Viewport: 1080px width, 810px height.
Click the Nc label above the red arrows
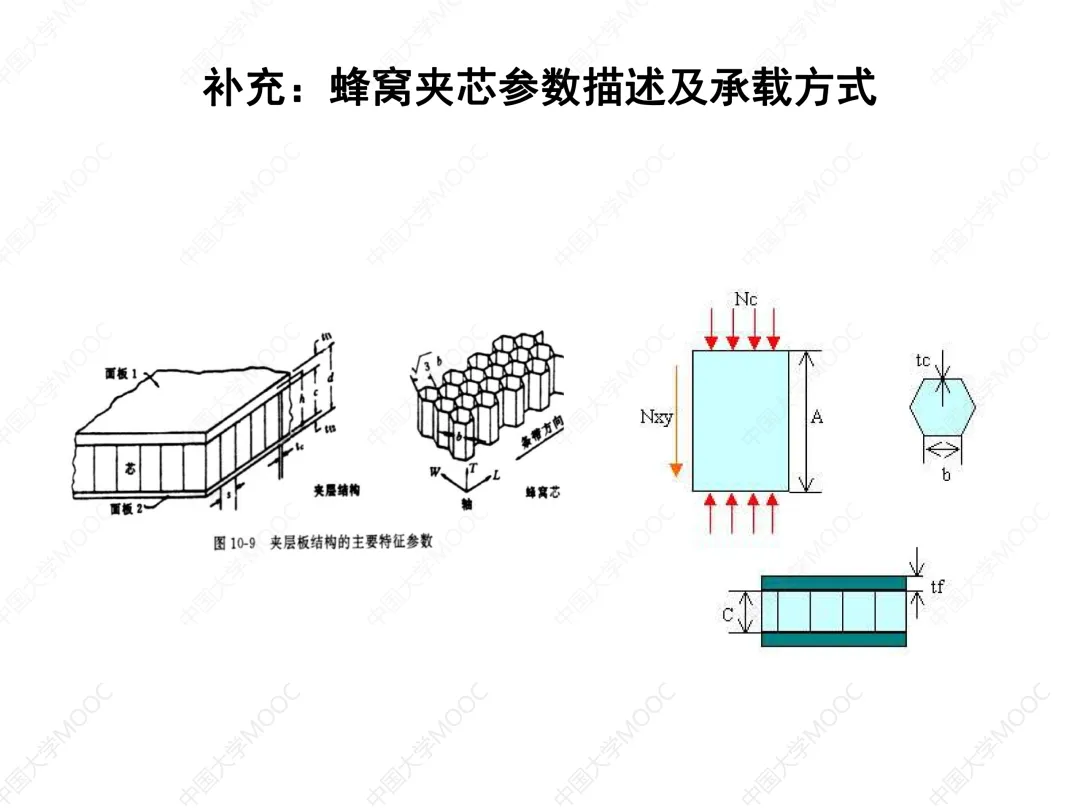click(746, 299)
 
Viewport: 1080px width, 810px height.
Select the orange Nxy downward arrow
click(676, 420)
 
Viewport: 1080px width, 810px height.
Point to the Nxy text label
click(656, 416)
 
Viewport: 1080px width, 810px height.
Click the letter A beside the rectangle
click(818, 418)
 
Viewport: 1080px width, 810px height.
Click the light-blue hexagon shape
click(942, 409)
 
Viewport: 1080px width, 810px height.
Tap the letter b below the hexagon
click(946, 475)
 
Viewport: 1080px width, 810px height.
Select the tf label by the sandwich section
click(937, 588)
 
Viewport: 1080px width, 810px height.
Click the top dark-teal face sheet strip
click(834, 582)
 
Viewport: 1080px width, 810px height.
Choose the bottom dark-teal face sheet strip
click(834, 639)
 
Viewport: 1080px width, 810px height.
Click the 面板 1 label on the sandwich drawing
click(123, 373)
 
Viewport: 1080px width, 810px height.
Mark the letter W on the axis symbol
click(434, 469)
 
